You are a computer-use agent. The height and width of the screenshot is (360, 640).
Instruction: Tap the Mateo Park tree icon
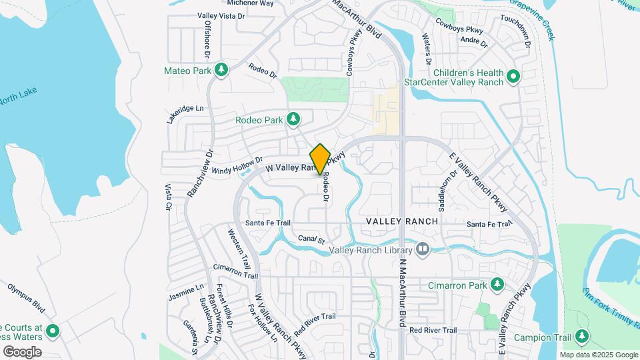pos(221,70)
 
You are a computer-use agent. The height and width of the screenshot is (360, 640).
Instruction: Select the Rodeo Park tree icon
pos(293,119)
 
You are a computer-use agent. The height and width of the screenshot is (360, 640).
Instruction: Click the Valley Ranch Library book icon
pos(422,250)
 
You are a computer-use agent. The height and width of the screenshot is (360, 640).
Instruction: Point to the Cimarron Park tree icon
pos(497,285)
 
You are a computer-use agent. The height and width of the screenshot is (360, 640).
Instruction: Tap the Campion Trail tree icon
pos(582,335)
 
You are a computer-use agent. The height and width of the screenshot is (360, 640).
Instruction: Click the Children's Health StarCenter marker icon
pos(513,77)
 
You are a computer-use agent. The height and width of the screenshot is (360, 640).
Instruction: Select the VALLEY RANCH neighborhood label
pos(402,221)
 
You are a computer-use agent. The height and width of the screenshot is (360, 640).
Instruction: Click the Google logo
pos(22,352)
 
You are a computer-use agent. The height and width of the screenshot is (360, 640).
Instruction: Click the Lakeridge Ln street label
pos(186,113)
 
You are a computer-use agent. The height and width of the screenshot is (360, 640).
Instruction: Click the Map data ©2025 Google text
pos(598,355)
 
